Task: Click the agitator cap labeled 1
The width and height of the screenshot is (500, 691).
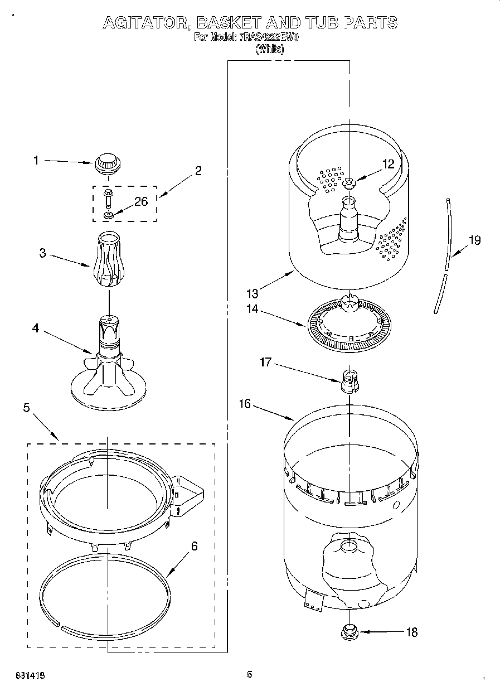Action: pos(107,163)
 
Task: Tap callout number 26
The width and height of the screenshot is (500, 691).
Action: pos(141,201)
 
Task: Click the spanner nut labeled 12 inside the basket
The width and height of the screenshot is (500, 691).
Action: pos(349,182)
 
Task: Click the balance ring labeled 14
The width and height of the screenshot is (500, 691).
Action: pos(349,326)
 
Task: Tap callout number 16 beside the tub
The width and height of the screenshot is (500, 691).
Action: pos(245,403)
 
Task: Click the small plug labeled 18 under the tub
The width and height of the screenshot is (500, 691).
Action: pos(349,632)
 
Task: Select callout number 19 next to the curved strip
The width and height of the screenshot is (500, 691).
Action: pos(474,240)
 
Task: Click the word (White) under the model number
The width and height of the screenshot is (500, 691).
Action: pos(270,49)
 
